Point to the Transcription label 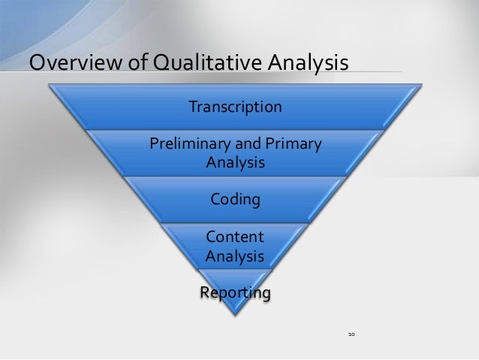pos(236,107)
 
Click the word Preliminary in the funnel pos(190,144)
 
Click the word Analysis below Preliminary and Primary pos(235,162)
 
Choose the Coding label pos(235,200)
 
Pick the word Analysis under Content pos(234,256)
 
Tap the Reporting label pos(234,291)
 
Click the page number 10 pos(351,331)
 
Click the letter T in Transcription pos(192,107)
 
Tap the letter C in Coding pos(215,200)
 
